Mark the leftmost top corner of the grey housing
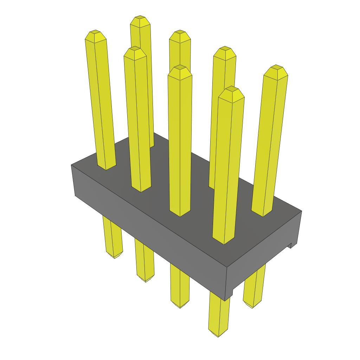72,165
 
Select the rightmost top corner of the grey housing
301,211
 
